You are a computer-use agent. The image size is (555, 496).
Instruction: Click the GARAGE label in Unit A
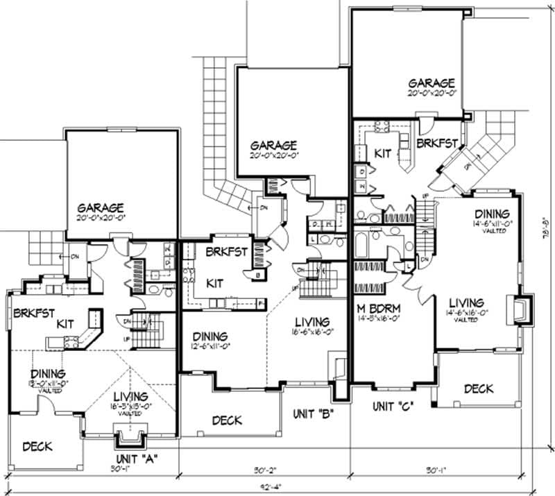(101, 207)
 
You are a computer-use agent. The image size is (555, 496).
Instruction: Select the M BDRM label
(379, 309)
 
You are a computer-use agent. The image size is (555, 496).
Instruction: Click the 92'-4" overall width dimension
(272, 486)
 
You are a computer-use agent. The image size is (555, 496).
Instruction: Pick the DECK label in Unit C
(479, 389)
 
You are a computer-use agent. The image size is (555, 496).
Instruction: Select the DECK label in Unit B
(227, 420)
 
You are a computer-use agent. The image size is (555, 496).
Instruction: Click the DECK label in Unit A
(37, 447)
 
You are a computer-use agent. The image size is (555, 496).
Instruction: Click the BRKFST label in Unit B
(223, 252)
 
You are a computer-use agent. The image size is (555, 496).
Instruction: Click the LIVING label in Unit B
(311, 322)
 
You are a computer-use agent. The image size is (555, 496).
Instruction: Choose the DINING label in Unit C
(491, 214)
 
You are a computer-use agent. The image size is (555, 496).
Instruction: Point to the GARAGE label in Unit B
(274, 146)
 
